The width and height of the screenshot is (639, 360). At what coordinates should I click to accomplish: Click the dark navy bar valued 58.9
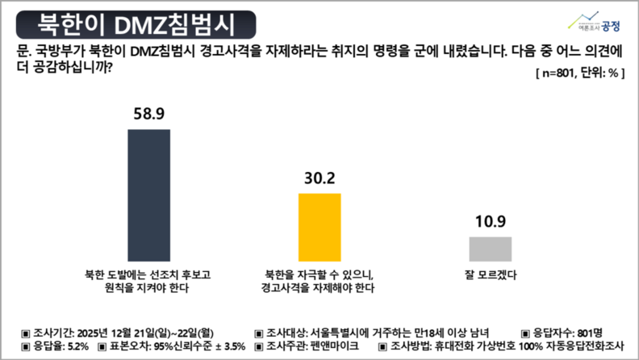(155, 191)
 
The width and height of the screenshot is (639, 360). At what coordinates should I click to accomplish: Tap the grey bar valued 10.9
(491, 248)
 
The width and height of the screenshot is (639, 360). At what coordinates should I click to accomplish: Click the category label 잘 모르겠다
(491, 273)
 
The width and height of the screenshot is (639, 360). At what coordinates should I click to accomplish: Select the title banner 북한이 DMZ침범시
(132, 23)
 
